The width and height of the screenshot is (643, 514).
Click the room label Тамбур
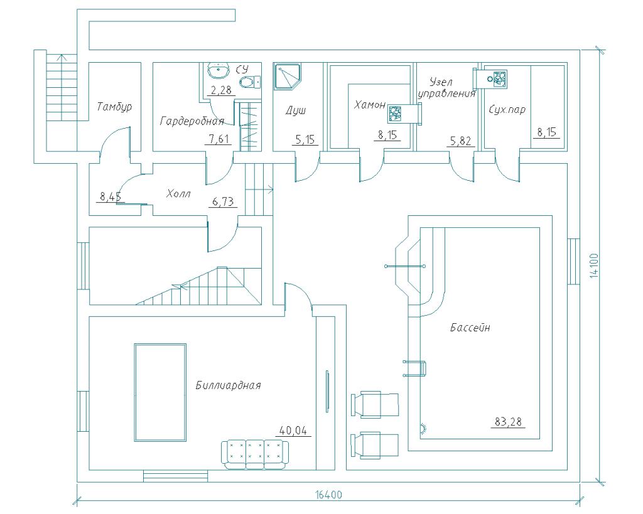click(114, 107)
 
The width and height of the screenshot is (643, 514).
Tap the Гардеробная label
click(192, 120)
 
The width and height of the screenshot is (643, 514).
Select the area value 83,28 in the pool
click(509, 422)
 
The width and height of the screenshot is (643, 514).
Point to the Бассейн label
click(470, 328)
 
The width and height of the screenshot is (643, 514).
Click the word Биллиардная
click(228, 385)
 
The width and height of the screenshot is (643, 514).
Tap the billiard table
click(160, 393)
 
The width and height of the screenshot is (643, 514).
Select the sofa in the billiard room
click(254, 454)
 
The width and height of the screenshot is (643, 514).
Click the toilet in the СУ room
click(251, 82)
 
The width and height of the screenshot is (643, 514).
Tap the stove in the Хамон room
click(396, 114)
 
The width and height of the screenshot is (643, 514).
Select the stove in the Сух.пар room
click(499, 78)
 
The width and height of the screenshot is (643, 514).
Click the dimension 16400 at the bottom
click(328, 495)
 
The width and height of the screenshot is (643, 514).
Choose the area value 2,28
click(220, 90)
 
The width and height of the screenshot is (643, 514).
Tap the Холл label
click(178, 194)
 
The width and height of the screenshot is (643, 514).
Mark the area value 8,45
click(110, 198)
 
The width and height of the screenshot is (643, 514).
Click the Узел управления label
click(446, 88)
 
